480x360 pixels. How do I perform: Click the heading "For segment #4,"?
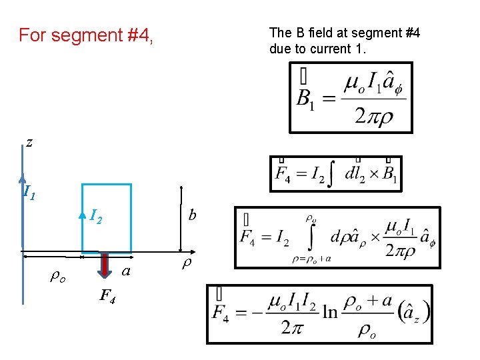point(86,35)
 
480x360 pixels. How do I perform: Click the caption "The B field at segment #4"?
point(344,33)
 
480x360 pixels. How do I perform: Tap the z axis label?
point(29,141)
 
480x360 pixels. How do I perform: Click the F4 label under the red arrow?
point(107,296)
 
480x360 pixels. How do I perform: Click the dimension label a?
point(125,271)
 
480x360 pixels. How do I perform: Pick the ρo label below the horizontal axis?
point(58,277)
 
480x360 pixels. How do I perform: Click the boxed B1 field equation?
point(350,97)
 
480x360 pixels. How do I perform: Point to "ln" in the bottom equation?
point(330,312)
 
